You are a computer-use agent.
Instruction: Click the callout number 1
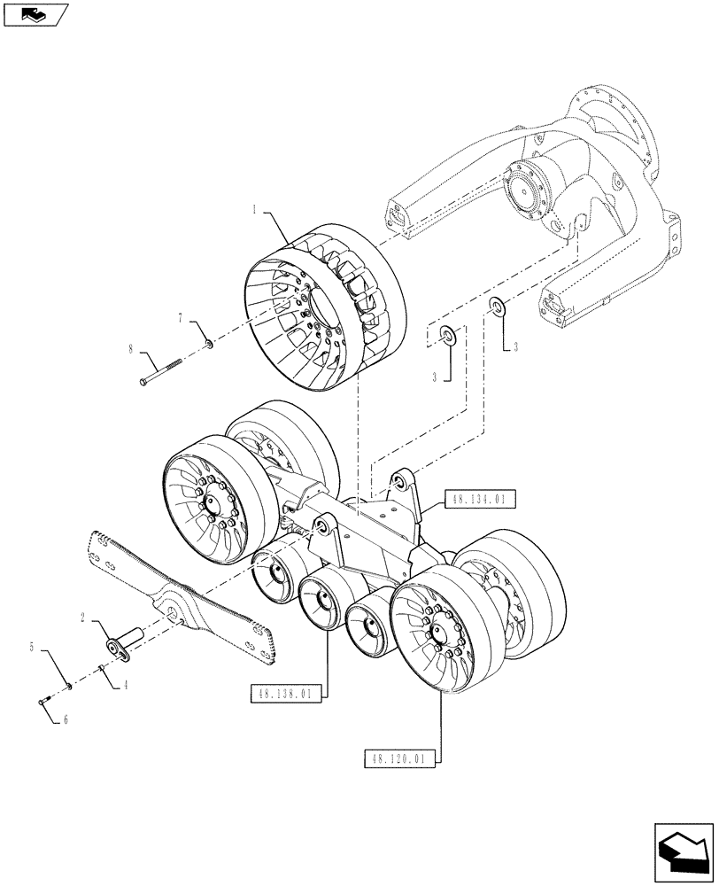(x=254, y=210)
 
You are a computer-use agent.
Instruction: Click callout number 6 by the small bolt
(x=65, y=720)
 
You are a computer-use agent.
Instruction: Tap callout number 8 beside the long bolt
(x=130, y=350)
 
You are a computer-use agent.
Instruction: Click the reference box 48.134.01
(x=477, y=501)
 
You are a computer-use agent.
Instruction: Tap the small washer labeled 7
(x=207, y=342)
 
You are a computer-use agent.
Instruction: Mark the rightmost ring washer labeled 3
(x=497, y=308)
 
